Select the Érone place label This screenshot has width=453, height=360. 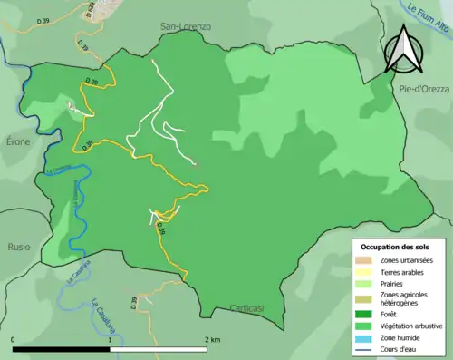(18, 142)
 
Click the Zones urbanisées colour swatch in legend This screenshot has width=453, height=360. (366, 260)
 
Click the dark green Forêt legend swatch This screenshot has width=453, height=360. (366, 315)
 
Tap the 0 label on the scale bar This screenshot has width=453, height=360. (14, 339)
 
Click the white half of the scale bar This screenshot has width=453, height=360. (159, 348)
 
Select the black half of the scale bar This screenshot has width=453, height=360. (62, 348)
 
